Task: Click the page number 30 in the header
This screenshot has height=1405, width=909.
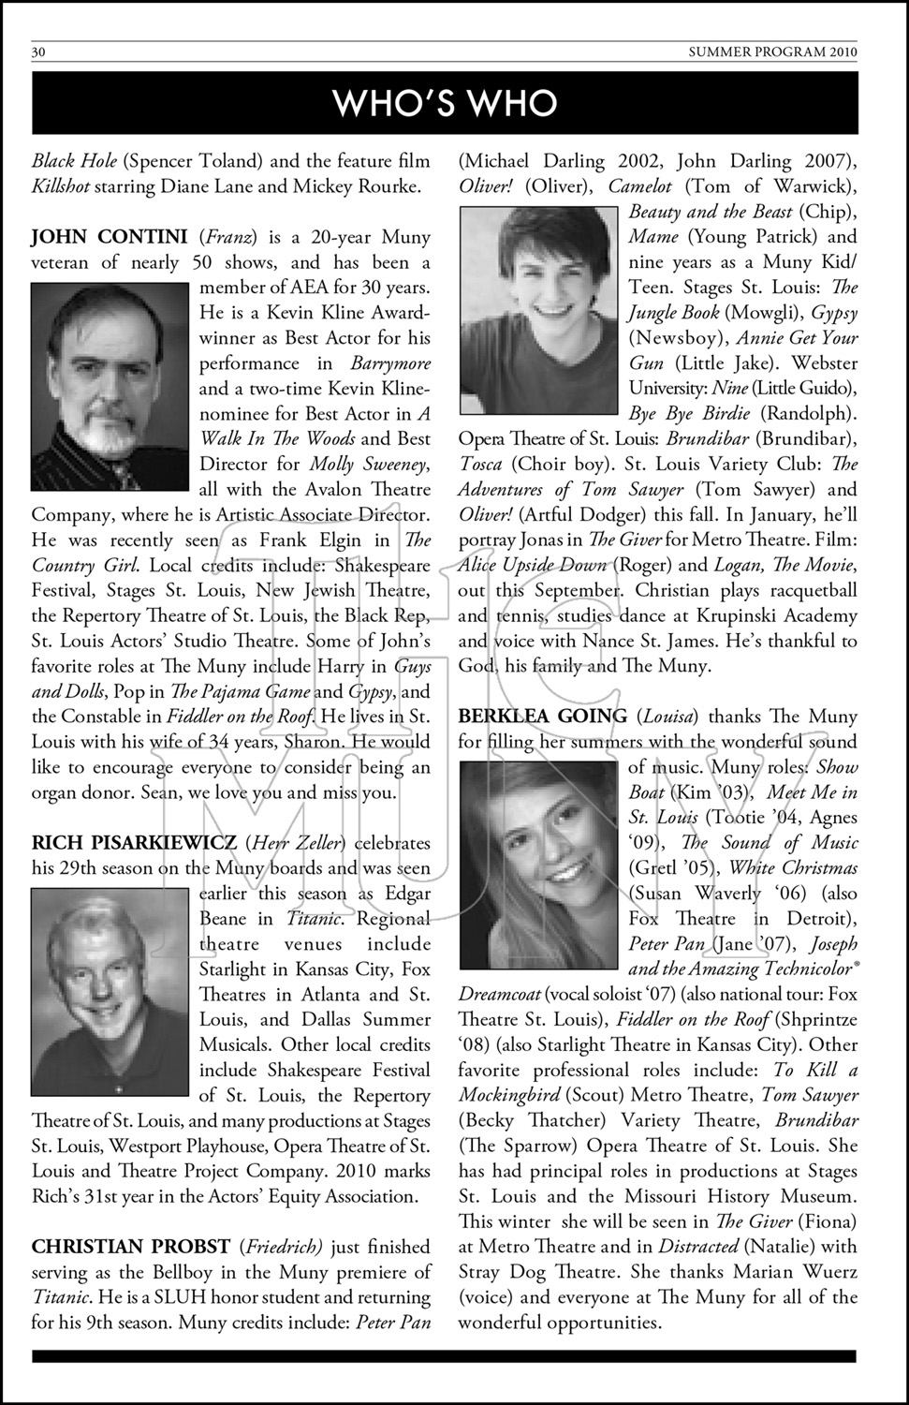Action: click(38, 52)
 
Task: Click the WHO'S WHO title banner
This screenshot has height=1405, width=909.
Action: click(445, 103)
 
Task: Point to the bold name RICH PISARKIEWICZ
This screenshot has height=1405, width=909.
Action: click(134, 843)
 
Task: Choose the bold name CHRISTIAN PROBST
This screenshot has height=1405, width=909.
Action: click(131, 1247)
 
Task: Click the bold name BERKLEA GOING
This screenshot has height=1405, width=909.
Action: click(543, 717)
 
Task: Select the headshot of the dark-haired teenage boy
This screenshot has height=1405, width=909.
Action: click(538, 310)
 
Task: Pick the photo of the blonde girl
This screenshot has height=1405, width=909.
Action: click(539, 864)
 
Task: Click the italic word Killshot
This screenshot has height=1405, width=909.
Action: click(61, 186)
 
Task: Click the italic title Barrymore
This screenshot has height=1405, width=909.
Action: click(390, 363)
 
